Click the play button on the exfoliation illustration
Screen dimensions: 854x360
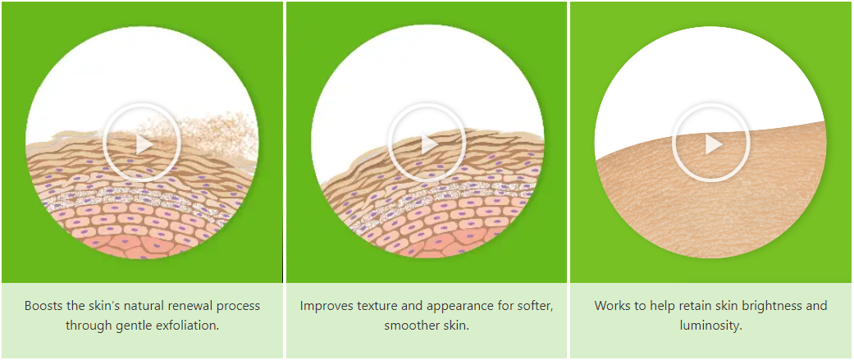142,144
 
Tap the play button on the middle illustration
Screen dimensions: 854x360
427,144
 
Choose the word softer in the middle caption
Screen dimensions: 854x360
536,306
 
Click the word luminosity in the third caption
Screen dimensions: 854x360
710,326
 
